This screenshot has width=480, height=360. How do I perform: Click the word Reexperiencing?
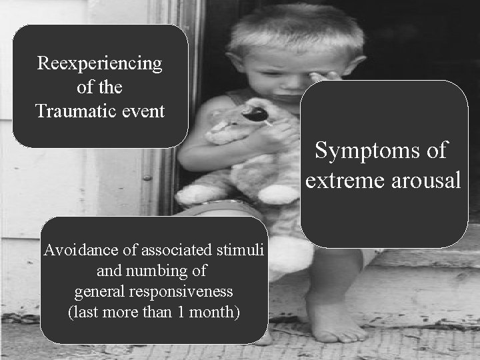pos(100,63)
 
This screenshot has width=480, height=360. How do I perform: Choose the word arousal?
pos(424,180)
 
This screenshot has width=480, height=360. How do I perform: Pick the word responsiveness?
pos(187,291)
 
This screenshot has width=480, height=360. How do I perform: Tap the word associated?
pos(172,251)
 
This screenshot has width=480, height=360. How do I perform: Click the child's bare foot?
pos(330,320)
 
